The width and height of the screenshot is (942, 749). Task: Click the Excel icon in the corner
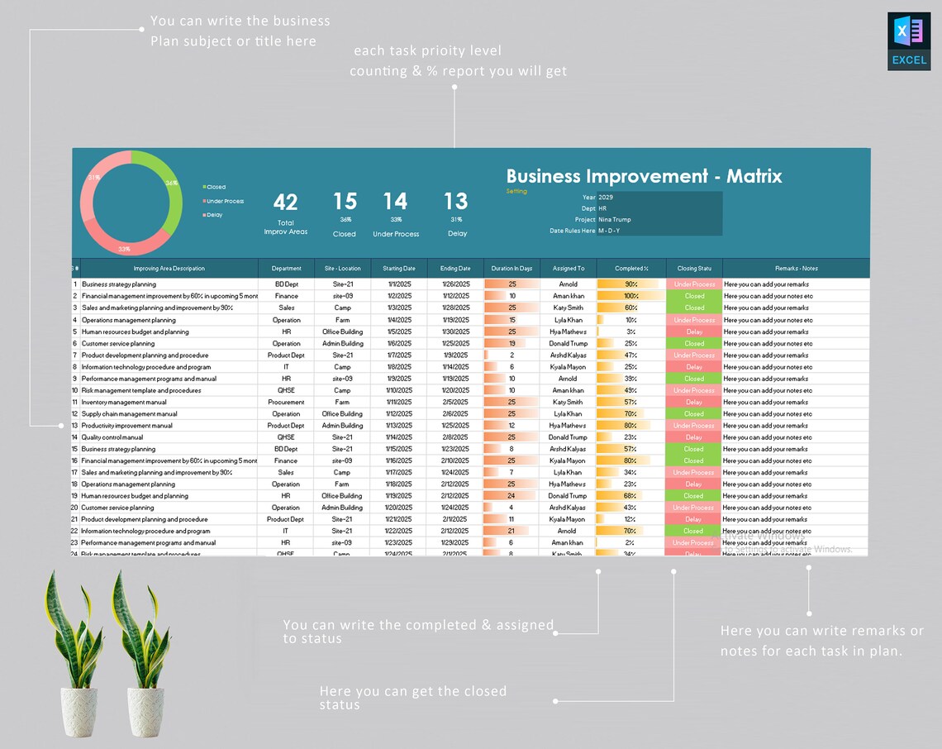pyautogui.click(x=909, y=41)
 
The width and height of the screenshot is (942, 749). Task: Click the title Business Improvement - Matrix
pyautogui.click(x=644, y=176)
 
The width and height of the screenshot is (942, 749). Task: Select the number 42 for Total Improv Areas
pyautogui.click(x=285, y=203)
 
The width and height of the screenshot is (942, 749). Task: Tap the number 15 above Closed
pyautogui.click(x=345, y=202)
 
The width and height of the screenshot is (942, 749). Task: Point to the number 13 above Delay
pyautogui.click(x=455, y=202)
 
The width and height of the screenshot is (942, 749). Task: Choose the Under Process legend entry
pyautogui.click(x=224, y=201)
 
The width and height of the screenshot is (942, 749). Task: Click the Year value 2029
pyautogui.click(x=606, y=198)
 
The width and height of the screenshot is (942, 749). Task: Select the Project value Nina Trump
pyautogui.click(x=614, y=220)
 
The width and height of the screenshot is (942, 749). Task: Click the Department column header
pyautogui.click(x=286, y=269)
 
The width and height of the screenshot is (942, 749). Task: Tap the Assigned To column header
pyautogui.click(x=568, y=269)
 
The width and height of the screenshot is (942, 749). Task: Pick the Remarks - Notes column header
pyautogui.click(x=796, y=269)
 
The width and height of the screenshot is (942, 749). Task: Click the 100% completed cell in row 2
pyautogui.click(x=630, y=296)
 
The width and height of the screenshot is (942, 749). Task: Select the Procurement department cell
pyautogui.click(x=286, y=403)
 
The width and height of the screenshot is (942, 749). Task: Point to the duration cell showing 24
pyautogui.click(x=511, y=496)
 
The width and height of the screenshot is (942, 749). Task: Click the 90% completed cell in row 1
pyautogui.click(x=630, y=284)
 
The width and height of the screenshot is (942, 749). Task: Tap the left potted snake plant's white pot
pyautogui.click(x=79, y=711)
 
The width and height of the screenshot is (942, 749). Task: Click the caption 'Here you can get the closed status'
pyautogui.click(x=413, y=697)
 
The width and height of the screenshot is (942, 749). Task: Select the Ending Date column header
pyautogui.click(x=455, y=269)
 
